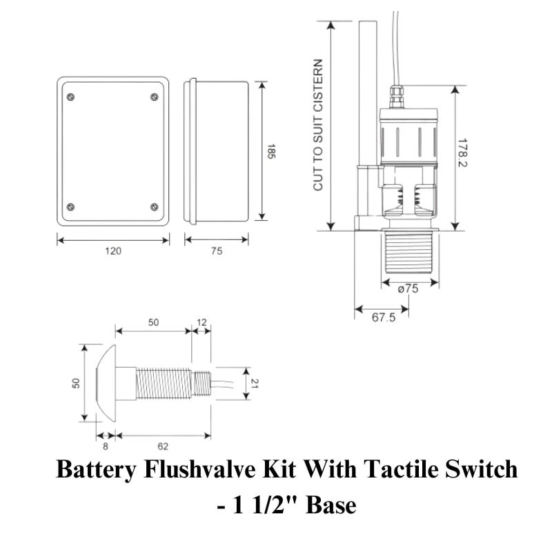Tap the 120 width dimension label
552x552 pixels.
tap(113, 251)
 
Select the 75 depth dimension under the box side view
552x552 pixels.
tap(216, 251)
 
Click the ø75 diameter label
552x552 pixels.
tap(408, 290)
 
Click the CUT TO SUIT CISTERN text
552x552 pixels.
tap(318, 125)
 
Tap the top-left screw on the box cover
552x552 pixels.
tap(70, 96)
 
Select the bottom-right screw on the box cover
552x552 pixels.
tap(154, 207)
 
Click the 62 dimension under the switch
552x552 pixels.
tap(163, 446)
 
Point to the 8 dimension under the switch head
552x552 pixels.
tap(104, 446)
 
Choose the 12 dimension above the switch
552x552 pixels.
tap(201, 323)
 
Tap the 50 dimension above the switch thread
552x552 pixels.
tap(153, 323)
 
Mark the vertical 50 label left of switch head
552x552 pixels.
tap(77, 382)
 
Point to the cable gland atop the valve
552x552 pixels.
tap(397, 97)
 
